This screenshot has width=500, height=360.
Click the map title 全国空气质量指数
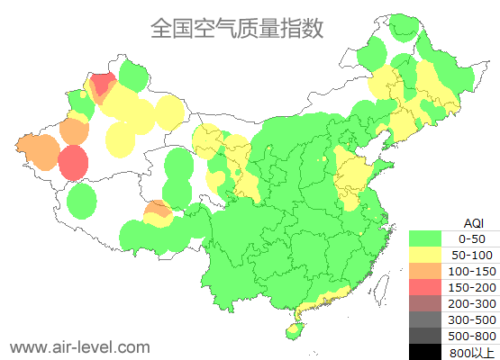point(237,29)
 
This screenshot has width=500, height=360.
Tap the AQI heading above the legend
point(473,222)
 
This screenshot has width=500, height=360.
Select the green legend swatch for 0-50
point(430,238)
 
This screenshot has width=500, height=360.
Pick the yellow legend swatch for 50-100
point(430,255)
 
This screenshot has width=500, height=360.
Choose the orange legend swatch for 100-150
point(430,271)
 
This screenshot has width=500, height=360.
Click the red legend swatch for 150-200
point(430,287)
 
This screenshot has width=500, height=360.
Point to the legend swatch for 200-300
point(430,303)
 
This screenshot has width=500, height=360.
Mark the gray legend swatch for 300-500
point(430,319)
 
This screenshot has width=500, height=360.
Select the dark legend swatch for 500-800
point(430,336)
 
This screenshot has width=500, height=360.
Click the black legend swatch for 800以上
point(430,351)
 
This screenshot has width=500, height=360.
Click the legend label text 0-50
point(471,238)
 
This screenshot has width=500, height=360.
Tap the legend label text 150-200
point(471,287)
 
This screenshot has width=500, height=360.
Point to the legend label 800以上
point(471,352)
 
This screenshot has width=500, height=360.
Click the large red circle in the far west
point(73,163)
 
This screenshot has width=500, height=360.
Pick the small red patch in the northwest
point(102,85)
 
